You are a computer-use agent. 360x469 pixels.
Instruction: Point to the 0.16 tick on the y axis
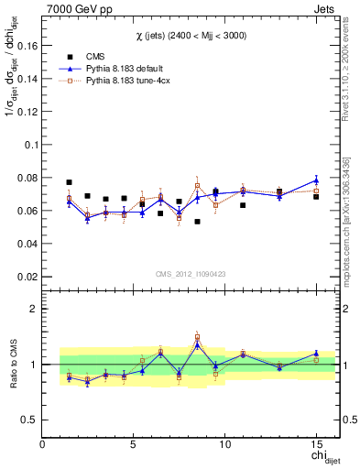(27, 46)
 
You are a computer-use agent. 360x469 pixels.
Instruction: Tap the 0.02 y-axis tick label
(27, 277)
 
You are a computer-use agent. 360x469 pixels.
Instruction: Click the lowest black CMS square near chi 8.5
(197, 222)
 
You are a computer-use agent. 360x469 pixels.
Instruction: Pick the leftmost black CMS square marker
(70, 182)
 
